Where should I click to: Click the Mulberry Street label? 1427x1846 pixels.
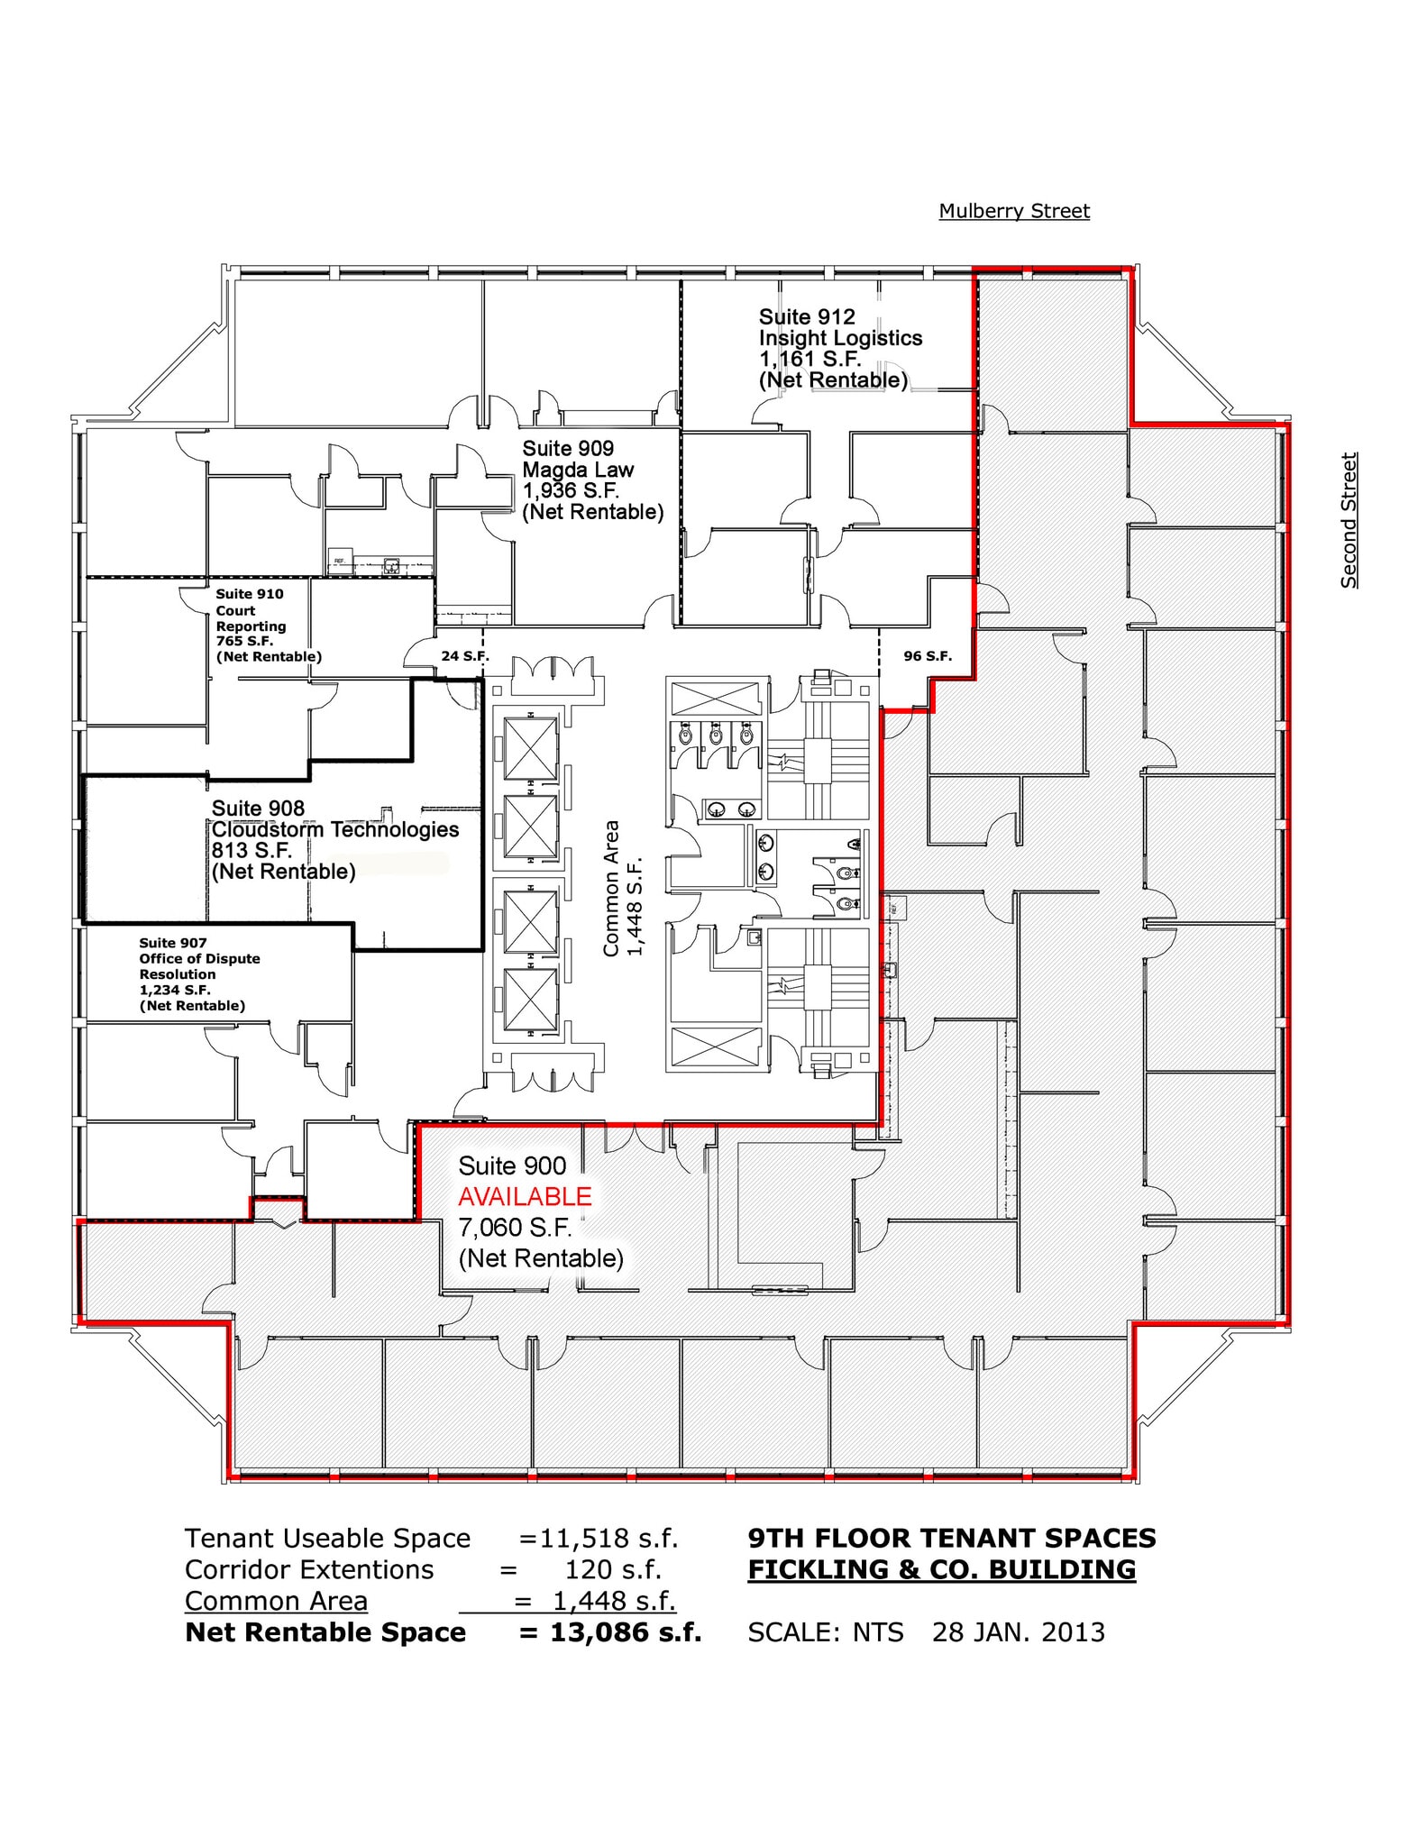coord(1014,211)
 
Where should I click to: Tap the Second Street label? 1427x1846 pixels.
coord(1349,521)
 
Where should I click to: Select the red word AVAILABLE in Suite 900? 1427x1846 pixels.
coord(525,1197)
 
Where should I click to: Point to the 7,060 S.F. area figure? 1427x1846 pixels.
coord(514,1228)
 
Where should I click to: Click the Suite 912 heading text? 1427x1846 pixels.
coord(807,317)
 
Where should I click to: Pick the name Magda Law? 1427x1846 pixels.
coord(578,470)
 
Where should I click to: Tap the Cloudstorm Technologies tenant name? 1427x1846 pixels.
coord(335,829)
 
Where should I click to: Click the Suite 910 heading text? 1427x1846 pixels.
coord(250,594)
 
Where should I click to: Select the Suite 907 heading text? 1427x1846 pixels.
coord(173,943)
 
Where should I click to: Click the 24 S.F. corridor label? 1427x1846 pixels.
coord(464,656)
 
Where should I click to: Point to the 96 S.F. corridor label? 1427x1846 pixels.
coord(928,656)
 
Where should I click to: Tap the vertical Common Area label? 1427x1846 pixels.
coord(611,889)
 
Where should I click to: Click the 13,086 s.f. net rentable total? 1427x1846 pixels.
coord(625,1632)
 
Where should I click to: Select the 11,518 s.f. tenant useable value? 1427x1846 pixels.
coord(608,1538)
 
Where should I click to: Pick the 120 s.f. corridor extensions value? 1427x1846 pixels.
coord(613,1569)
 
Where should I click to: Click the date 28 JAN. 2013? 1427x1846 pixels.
coord(1019,1632)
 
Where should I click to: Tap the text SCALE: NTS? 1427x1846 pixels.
coord(826,1632)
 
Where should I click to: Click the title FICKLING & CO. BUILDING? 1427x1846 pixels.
coord(942,1569)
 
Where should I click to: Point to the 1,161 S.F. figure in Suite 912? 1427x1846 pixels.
coord(810,359)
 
